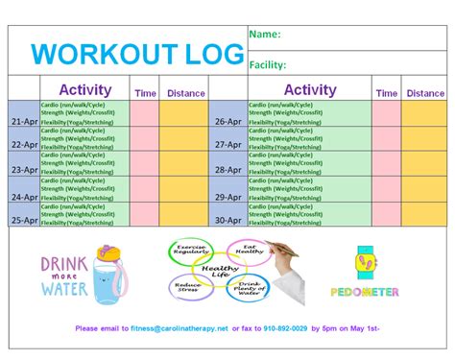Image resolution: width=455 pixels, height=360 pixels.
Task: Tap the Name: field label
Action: point(265,35)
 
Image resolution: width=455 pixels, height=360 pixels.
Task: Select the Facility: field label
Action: point(269,65)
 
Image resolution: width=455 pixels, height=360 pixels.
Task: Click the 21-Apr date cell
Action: point(25,122)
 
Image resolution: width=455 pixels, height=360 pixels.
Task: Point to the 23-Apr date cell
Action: point(25,170)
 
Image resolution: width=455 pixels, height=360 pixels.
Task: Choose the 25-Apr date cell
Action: point(25,220)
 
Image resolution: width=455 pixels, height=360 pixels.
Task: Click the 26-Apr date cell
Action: point(227,122)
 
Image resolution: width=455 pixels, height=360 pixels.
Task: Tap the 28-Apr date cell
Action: point(227,170)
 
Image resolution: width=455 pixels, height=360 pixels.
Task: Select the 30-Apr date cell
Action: point(227,220)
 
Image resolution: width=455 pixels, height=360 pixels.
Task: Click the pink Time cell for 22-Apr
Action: point(146,139)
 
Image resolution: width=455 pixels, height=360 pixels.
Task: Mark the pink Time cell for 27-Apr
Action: point(387,139)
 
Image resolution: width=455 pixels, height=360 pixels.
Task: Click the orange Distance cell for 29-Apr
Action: point(425,188)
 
